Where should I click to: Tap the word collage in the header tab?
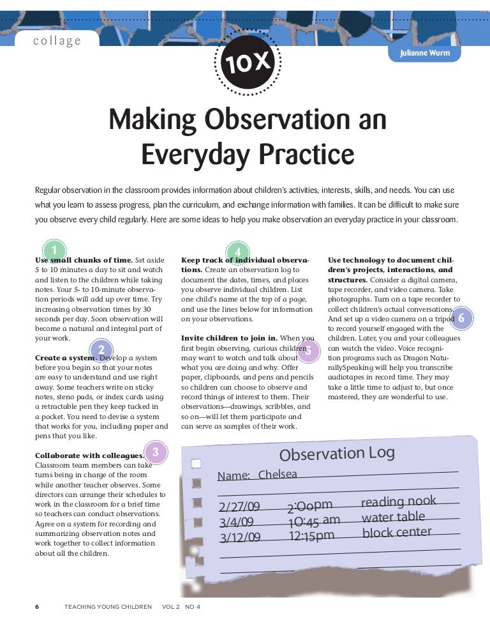click(57, 41)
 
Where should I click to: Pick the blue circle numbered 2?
click(100, 349)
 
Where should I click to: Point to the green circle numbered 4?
click(238, 252)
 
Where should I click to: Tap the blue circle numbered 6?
click(461, 317)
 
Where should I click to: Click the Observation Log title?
click(337, 454)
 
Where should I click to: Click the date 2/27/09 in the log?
click(239, 507)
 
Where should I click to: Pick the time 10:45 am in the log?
click(313, 521)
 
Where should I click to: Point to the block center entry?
click(397, 532)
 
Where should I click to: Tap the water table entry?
click(393, 517)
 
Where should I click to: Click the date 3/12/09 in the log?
click(240, 537)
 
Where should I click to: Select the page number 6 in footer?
click(37, 606)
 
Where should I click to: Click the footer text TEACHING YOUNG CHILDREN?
click(108, 606)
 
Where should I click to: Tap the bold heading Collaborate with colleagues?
click(89, 455)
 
